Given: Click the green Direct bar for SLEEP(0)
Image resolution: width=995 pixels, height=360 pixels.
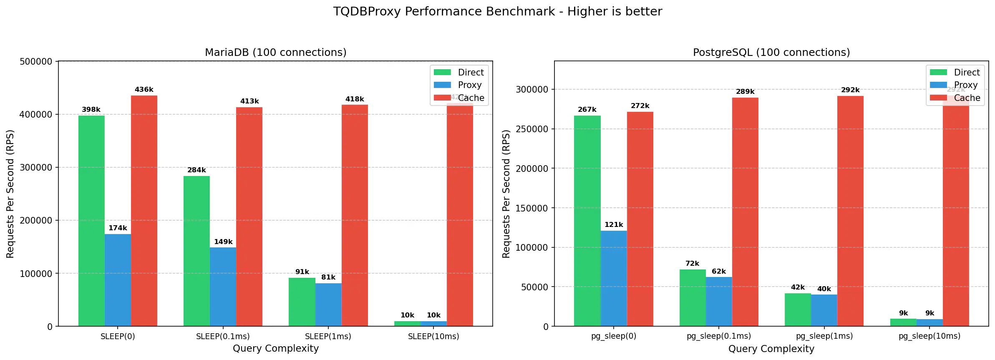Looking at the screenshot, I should click(x=91, y=221).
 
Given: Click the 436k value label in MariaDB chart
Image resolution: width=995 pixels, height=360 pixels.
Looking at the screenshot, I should click(x=144, y=90).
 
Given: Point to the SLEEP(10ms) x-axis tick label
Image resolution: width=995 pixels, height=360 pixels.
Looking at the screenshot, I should click(x=433, y=337).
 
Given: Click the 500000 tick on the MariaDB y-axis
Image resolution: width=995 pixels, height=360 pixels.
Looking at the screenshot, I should click(x=36, y=62).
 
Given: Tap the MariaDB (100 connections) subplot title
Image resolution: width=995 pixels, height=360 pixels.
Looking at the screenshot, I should click(x=275, y=53).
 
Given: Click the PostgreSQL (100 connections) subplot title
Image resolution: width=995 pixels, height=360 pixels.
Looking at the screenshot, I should click(x=771, y=53).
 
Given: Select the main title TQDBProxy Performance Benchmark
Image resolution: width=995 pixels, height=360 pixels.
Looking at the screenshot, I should click(x=497, y=11).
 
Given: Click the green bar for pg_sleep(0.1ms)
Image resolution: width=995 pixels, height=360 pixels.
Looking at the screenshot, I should click(x=693, y=298).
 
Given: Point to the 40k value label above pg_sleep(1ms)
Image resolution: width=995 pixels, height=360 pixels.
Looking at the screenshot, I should click(x=824, y=289).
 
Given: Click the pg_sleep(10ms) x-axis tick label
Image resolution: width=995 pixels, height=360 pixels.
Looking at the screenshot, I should click(x=930, y=336).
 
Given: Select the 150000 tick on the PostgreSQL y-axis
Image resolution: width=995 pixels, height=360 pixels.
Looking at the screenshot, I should click(x=532, y=208).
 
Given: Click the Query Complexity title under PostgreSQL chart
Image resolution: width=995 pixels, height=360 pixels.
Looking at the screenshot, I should click(x=771, y=349).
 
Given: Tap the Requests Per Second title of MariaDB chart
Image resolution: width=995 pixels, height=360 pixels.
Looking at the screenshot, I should click(x=10, y=194).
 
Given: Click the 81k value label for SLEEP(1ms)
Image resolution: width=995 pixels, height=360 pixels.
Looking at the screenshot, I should click(x=328, y=277).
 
